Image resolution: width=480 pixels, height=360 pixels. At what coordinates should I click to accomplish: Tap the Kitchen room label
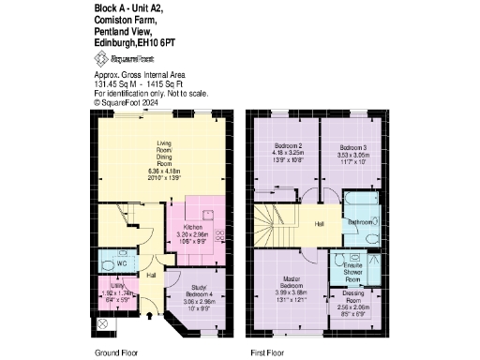click(x=195, y=227)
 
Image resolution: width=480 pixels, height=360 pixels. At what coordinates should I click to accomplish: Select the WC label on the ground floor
click(x=122, y=264)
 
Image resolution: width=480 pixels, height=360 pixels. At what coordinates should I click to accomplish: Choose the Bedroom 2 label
click(x=287, y=147)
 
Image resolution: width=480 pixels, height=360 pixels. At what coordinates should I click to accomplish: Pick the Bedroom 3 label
click(x=352, y=147)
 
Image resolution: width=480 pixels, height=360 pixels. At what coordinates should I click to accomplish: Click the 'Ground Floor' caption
click(x=117, y=352)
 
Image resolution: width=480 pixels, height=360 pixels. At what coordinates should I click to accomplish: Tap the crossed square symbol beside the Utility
click(x=101, y=323)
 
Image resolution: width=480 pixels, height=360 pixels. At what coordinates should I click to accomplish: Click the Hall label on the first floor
click(x=320, y=224)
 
